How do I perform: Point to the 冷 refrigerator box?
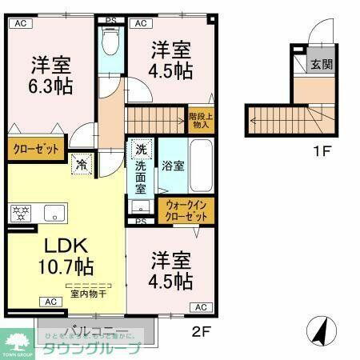tap(82, 166)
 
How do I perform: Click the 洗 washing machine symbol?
tap(141, 150)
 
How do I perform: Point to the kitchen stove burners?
tap(21, 214)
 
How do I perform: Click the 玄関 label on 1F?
tap(322, 65)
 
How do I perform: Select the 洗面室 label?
tap(140, 178)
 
